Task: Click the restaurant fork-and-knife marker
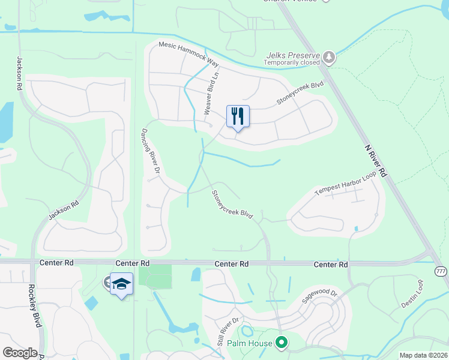(x=238, y=116)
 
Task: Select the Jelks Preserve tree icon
(x=329, y=58)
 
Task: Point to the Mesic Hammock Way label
(x=188, y=53)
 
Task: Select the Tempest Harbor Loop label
(x=345, y=184)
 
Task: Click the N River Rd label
(x=375, y=161)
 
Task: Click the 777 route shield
(x=441, y=271)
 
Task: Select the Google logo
(x=20, y=353)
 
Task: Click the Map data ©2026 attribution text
(x=423, y=355)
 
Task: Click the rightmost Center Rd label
(x=331, y=264)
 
